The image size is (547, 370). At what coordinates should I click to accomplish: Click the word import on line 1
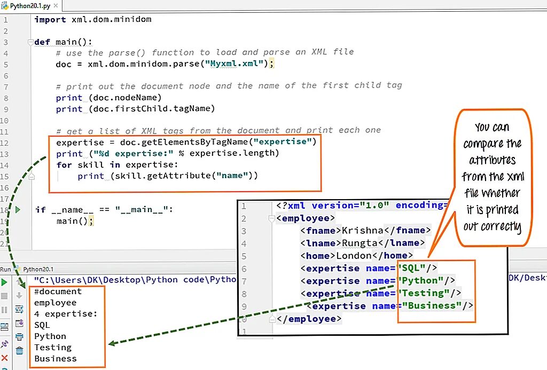(x=50, y=19)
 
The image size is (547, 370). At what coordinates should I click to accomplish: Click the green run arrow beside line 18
(x=18, y=210)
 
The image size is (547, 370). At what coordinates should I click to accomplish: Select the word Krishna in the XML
(x=362, y=231)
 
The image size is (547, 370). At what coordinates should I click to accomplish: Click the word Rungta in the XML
(x=360, y=243)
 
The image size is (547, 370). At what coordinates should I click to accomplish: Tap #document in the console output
(x=58, y=292)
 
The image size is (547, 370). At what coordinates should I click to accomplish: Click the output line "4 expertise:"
(x=66, y=314)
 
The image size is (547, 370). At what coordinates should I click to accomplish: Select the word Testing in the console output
(x=53, y=348)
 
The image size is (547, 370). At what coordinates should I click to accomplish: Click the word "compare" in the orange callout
(x=484, y=144)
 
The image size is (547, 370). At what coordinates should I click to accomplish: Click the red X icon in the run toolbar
(x=5, y=358)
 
